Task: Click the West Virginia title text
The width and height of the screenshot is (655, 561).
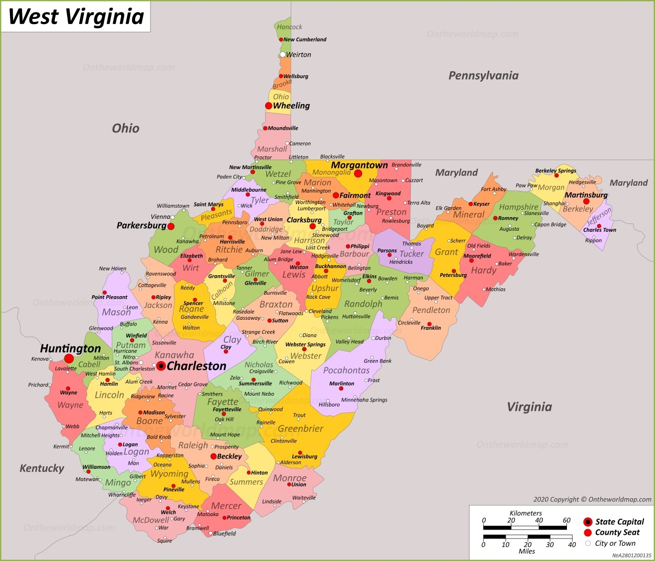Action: click(x=76, y=16)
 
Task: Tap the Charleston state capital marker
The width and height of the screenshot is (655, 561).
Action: click(x=161, y=366)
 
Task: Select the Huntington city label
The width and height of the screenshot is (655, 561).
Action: click(x=70, y=349)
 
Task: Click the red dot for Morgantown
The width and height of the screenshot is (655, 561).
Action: click(x=358, y=173)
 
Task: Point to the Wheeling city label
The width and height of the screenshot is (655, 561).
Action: click(x=291, y=106)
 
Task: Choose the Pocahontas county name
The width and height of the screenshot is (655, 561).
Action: click(x=346, y=371)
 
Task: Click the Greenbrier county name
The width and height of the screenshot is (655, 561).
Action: click(x=300, y=429)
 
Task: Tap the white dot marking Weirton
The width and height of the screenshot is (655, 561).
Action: click(x=283, y=54)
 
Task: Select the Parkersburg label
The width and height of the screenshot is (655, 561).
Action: click(x=141, y=226)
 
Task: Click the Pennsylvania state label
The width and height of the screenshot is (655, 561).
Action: click(x=483, y=75)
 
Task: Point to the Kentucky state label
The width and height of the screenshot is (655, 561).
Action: click(x=42, y=468)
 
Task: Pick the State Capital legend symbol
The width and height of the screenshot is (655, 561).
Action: click(x=588, y=522)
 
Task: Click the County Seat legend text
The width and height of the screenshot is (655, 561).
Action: click(x=617, y=532)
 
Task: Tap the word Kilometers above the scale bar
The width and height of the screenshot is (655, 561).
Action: click(x=526, y=513)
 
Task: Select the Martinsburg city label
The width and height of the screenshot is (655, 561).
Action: click(x=586, y=195)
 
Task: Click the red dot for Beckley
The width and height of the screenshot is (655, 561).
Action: click(x=213, y=456)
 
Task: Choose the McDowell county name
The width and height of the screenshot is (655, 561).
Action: click(x=151, y=520)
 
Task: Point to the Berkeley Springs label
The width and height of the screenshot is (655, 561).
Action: click(x=555, y=171)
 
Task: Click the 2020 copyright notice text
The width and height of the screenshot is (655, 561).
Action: click(x=592, y=499)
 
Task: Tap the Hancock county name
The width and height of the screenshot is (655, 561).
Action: click(x=289, y=27)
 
